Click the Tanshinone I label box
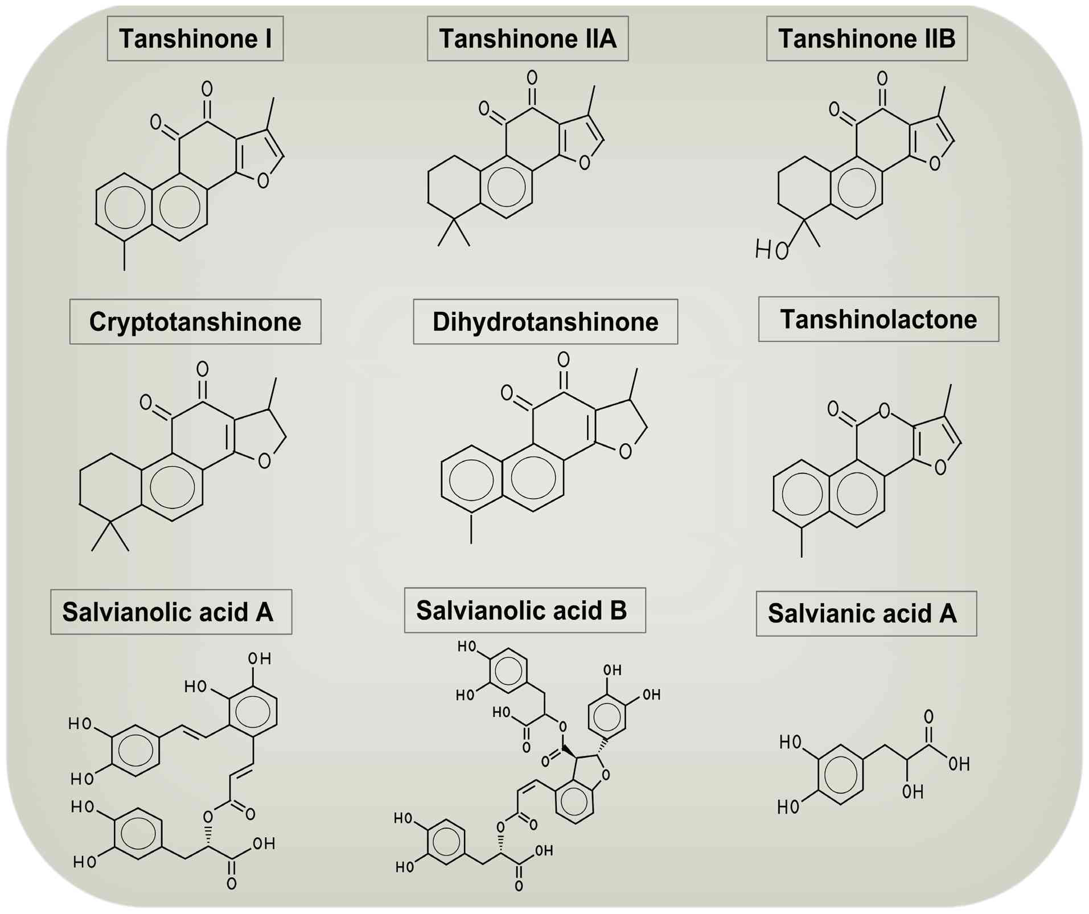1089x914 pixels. (195, 39)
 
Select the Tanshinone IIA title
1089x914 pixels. (528, 39)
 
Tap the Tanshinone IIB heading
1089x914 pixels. (866, 39)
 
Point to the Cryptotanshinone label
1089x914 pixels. (195, 322)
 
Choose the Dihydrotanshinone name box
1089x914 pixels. (545, 322)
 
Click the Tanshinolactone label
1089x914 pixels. (878, 319)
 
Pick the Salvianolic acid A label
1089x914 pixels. (171, 612)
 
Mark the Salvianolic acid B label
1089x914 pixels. (525, 610)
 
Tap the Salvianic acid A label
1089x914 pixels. (866, 614)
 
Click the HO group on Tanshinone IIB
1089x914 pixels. (771, 249)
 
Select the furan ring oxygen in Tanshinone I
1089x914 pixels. (262, 181)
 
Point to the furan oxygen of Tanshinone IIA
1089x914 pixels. (584, 163)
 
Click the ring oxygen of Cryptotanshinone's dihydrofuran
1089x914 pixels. (264, 461)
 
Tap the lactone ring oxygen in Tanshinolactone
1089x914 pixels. (883, 410)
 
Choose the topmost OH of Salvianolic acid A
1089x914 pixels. (260, 659)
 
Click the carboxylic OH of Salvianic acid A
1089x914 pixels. (959, 764)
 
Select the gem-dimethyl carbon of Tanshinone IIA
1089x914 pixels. (454, 218)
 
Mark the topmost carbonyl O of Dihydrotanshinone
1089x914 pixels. (563, 360)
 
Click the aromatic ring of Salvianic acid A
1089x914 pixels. (841, 775)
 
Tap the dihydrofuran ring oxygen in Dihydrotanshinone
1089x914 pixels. (625, 452)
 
